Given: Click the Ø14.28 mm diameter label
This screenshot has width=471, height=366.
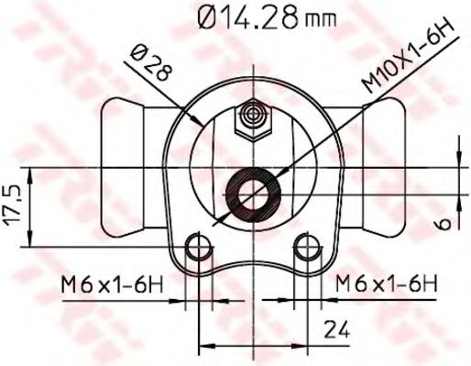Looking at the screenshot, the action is tap(267, 17).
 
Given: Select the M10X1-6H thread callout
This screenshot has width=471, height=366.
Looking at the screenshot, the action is tap(408, 58).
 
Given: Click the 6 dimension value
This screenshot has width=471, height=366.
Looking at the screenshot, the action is tap(444, 223).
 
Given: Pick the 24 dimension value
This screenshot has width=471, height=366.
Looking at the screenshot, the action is tap(336, 329).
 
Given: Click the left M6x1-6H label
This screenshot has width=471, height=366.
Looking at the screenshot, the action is tap(112, 284).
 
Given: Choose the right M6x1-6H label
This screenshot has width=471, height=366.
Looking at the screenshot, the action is tap(387, 283).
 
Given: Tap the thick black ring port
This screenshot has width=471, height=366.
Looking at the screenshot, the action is tap(253, 194).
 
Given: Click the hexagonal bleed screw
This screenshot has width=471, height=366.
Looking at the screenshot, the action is tap(253, 120).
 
